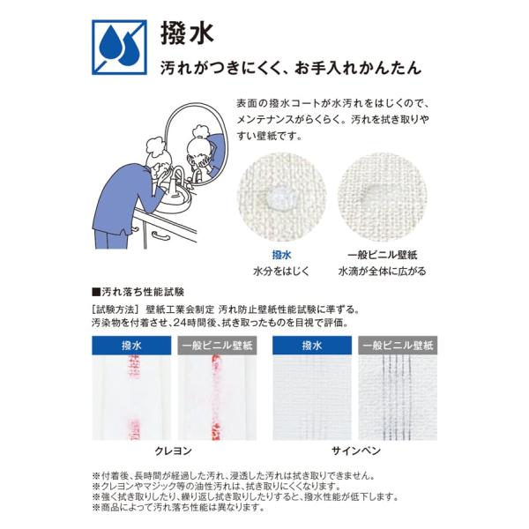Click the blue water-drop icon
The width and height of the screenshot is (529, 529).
pyautogui.click(x=119, y=48)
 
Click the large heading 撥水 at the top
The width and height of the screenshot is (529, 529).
pyautogui.click(x=187, y=34)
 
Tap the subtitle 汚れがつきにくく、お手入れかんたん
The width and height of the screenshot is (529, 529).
pyautogui.click(x=291, y=68)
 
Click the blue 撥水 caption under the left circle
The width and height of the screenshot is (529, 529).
pyautogui.click(x=281, y=255)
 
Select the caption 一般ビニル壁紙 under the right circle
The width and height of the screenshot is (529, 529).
pyautogui.click(x=383, y=255)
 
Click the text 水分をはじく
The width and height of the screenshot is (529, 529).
pyautogui.click(x=281, y=272)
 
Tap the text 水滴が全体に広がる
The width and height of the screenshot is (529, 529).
pyautogui.click(x=383, y=272)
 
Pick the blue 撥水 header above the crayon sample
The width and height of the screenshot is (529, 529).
pyautogui.click(x=131, y=345)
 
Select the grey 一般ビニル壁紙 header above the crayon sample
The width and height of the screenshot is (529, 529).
pyautogui.click(x=217, y=345)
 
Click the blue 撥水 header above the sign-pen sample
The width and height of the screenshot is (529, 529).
pyautogui.click(x=312, y=345)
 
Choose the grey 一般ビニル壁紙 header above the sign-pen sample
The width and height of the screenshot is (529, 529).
pyautogui.click(x=398, y=345)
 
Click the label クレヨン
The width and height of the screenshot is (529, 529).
pyautogui.click(x=173, y=451)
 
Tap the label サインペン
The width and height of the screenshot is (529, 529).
pyautogui.click(x=356, y=451)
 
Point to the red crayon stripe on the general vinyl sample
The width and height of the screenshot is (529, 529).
pyautogui.click(x=216, y=398)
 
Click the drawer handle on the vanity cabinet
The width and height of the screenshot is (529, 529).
pyautogui.click(x=161, y=236)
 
